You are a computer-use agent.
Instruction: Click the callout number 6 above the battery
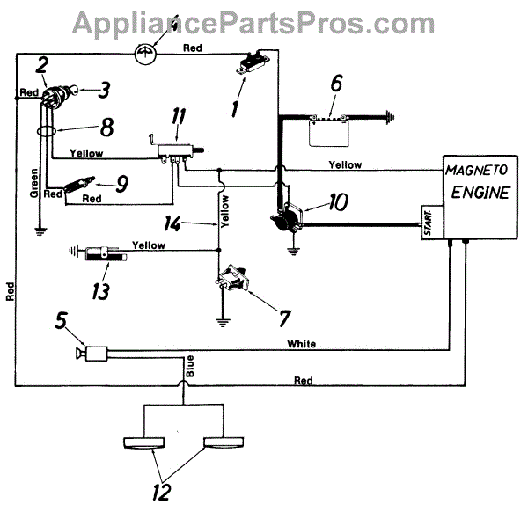335,85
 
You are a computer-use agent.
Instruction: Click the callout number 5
62,322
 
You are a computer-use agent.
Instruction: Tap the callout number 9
121,185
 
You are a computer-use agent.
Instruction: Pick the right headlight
224,443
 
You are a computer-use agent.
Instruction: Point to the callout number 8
106,127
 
